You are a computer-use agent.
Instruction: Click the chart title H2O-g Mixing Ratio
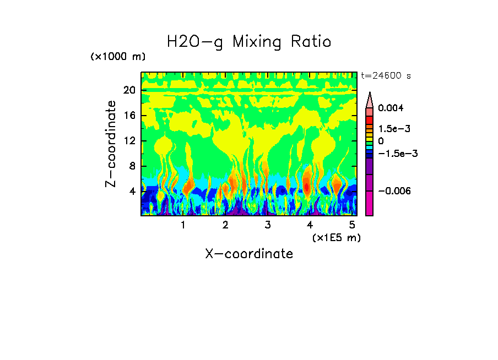coord(249,42)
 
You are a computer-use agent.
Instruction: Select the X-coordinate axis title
coord(249,254)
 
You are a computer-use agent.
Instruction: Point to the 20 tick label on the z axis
coord(129,91)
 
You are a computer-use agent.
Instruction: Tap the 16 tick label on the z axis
coord(129,116)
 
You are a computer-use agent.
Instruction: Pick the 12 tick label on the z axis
coord(129,141)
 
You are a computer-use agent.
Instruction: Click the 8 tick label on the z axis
coord(132,166)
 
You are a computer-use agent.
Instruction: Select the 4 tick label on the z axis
coord(132,192)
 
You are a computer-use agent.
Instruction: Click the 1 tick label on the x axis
coord(183,225)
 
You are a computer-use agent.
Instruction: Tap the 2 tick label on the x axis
coord(225,225)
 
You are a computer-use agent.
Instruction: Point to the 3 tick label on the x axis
coord(267,225)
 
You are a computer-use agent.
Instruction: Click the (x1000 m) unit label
coord(118,57)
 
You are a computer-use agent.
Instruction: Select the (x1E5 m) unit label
coord(336,237)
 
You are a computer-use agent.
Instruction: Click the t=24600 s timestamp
coord(386,75)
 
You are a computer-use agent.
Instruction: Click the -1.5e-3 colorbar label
coord(398,154)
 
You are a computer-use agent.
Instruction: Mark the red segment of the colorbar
coord(370,120)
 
